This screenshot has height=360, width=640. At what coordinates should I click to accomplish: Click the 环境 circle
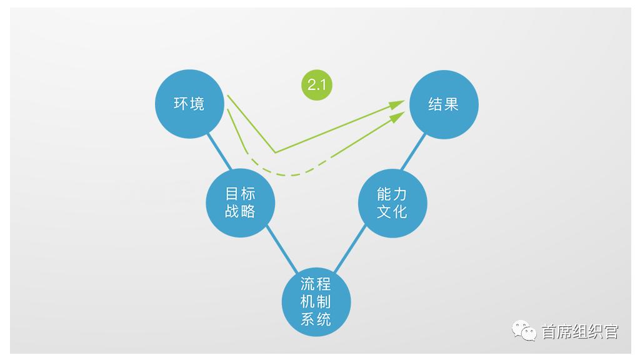[x=189, y=104]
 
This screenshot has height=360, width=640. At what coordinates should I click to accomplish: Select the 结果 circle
[x=444, y=104]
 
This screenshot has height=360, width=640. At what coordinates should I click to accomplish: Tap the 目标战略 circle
[x=241, y=203]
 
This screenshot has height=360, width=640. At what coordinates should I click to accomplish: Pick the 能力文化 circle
[x=392, y=203]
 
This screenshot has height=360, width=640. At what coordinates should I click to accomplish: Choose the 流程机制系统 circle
[x=316, y=302]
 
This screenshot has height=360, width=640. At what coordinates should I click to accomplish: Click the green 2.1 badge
[x=317, y=85]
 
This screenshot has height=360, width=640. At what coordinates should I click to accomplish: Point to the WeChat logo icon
[x=524, y=330]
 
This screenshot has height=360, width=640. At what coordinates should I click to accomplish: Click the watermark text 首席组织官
[x=580, y=331]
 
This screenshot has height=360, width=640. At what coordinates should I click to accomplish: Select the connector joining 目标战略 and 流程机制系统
[x=282, y=250]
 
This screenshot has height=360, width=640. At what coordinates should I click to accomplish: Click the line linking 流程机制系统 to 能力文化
[x=350, y=249]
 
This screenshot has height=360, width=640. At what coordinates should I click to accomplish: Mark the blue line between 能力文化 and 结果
[x=413, y=151]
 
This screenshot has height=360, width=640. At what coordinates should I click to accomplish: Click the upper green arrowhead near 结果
[x=396, y=104]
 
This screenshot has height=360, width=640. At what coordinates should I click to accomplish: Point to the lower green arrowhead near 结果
[x=397, y=117]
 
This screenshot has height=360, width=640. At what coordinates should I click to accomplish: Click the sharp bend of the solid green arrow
[x=276, y=152]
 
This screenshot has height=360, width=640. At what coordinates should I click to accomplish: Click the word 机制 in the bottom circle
[x=316, y=302]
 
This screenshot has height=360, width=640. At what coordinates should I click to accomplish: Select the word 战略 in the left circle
[x=240, y=211]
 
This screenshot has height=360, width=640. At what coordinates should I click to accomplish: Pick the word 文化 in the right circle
[x=392, y=212]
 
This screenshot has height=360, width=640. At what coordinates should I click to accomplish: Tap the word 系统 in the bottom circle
[x=316, y=319]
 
